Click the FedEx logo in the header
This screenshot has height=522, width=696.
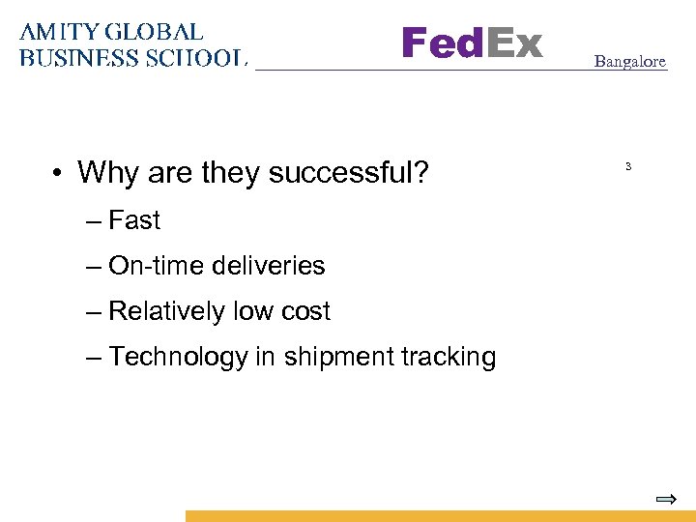pos(472,43)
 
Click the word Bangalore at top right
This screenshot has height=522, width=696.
pos(629,61)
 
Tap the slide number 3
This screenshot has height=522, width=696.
pos(627,167)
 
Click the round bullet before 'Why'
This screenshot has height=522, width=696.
pos(60,174)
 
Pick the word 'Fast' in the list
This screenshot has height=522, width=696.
pos(134,220)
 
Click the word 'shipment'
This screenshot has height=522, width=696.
pos(334,357)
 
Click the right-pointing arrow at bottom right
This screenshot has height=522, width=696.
pos(665,500)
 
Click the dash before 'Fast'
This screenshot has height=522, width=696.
pos(93,221)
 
